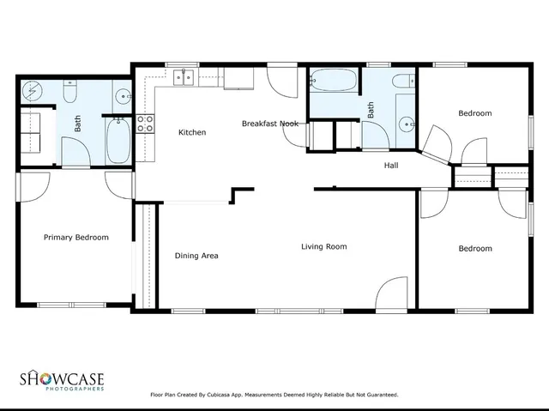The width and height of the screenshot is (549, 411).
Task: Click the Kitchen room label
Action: (x=192, y=132)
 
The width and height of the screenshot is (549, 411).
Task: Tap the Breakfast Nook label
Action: (x=269, y=124)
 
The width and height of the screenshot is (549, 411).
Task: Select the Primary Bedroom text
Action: (x=76, y=238)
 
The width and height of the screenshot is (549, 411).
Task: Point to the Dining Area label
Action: (x=196, y=256)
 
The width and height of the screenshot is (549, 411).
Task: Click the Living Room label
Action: (x=323, y=247)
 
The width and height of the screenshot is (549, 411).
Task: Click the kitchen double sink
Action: (x=184, y=79)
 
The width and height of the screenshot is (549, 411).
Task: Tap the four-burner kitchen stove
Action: (x=146, y=124)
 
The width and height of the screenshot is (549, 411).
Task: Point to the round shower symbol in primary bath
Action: (x=32, y=89)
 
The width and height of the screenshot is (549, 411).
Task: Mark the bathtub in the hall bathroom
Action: (x=335, y=82)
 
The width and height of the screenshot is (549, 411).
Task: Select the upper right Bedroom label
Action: (x=474, y=113)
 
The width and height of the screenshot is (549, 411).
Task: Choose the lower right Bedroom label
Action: (x=474, y=249)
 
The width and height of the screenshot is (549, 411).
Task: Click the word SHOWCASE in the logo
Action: (x=62, y=378)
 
